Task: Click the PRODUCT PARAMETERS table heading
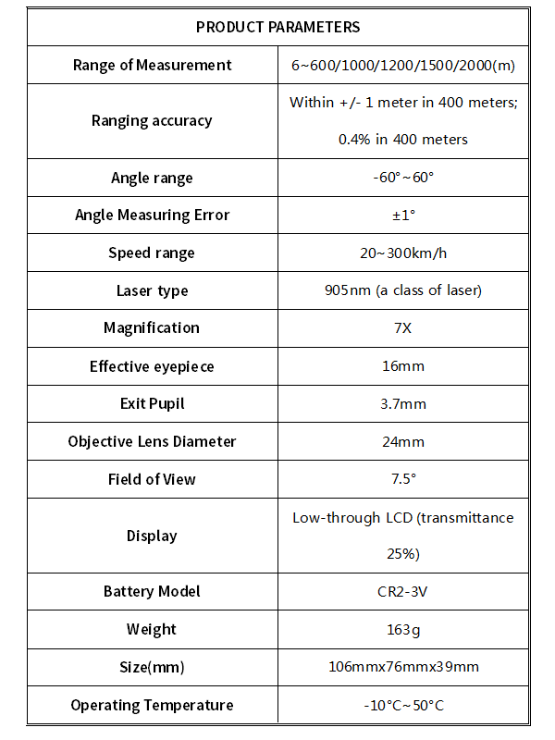pos(277,27)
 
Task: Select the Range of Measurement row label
pos(152,65)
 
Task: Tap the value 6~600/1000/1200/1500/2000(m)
pos(402,65)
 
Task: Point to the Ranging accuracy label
pos(152,120)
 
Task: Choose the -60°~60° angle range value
pos(402,178)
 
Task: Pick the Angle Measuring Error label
pos(152,215)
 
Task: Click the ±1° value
pos(402,216)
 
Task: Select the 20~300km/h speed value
pos(402,253)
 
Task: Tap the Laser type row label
pos(152,290)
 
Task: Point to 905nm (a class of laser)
pos(402,290)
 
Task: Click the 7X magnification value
pos(402,328)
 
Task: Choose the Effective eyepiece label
pos(152,366)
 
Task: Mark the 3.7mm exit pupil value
pos(402,404)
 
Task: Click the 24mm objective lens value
pos(402,441)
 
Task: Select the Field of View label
pos(152,479)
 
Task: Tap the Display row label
pos(152,536)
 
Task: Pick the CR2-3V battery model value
pos(402,591)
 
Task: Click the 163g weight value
pos(402,630)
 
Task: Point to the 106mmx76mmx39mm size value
pos(402,667)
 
